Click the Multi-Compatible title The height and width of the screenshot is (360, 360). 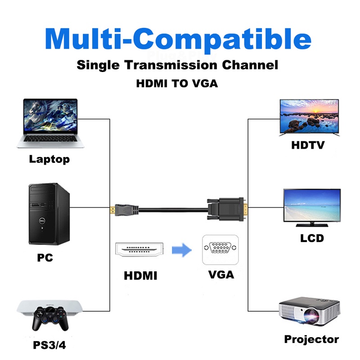tap(178, 40)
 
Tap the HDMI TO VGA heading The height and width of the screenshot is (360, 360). tap(177, 84)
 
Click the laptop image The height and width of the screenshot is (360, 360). tap(50, 123)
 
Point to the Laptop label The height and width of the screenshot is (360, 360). tap(49, 159)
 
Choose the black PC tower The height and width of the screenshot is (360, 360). tap(49, 214)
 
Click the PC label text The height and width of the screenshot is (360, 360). tap(45, 257)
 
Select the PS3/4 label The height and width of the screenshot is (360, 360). tap(49, 345)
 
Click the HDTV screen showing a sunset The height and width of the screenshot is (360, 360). tap(309, 117)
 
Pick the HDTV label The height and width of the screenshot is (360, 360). tap(308, 145)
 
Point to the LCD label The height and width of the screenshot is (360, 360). tap(312, 238)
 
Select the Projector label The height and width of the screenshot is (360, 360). tap(311, 339)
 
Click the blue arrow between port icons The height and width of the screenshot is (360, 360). tap(182, 250)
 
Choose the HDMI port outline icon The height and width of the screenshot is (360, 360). tap(139, 250)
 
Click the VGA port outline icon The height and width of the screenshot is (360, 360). tap(220, 250)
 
